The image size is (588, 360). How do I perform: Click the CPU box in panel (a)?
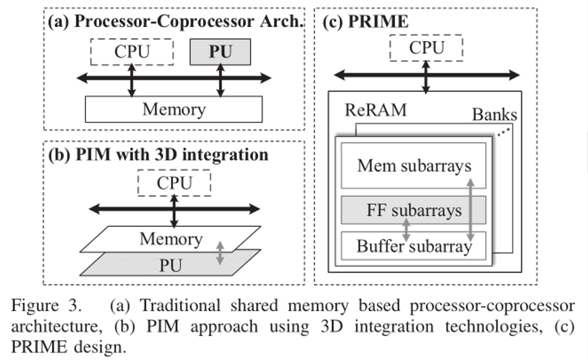point(132,52)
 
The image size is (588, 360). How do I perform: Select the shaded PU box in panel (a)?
point(220,52)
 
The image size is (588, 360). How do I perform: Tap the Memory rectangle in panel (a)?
point(174,109)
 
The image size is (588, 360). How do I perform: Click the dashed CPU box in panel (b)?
point(174,183)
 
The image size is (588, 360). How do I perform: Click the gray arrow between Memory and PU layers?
point(220,252)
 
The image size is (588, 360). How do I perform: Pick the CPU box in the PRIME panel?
point(426,48)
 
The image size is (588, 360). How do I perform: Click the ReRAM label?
point(375,110)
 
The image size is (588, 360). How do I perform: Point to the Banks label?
point(494,115)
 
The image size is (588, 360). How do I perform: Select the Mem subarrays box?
point(413,166)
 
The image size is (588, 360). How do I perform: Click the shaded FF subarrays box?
point(413,210)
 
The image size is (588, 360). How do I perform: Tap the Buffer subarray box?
point(413,246)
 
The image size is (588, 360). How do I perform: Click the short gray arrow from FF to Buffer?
point(406,230)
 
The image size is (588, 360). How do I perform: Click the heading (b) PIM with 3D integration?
point(158,154)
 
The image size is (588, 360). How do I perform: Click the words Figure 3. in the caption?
point(46,306)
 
